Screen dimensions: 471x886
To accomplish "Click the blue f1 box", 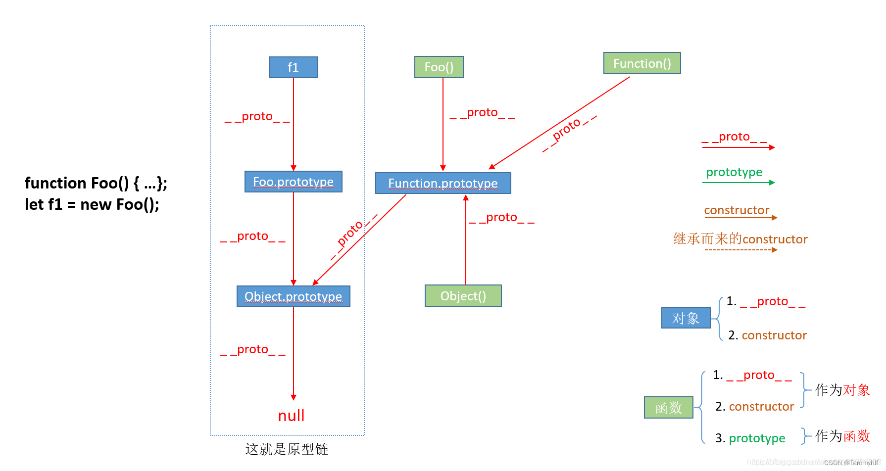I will [293, 67].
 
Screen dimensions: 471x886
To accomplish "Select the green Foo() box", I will [439, 67].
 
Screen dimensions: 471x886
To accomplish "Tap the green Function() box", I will [642, 63].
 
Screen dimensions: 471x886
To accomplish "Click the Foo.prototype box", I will [293, 182].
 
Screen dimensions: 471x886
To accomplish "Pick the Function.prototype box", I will [443, 183].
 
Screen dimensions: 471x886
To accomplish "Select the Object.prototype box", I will [293, 296].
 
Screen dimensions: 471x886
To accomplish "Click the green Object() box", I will [463, 296].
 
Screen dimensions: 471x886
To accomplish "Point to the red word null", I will [291, 416].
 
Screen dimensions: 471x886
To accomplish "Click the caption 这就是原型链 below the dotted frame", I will [287, 449].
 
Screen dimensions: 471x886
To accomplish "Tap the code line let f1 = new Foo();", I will [92, 204].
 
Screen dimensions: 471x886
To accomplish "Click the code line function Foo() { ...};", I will [96, 183].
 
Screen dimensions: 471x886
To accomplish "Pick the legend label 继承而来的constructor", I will [740, 239].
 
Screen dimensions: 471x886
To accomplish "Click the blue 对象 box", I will [686, 318].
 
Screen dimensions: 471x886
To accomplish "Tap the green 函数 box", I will [668, 408].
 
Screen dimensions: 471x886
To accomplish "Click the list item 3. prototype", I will [750, 438].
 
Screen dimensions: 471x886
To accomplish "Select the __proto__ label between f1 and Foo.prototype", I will [257, 116].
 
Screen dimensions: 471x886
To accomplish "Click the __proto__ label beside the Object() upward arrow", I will [501, 217].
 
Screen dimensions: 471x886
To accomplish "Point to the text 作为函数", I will [842, 436].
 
